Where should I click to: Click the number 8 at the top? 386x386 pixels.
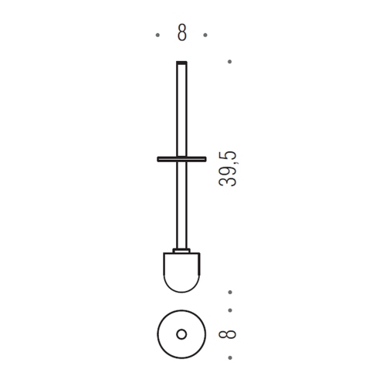[x=181, y=32]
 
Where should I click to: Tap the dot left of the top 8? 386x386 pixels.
[x=157, y=35]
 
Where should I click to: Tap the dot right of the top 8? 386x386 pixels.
[x=205, y=35]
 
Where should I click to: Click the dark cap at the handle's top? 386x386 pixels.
[x=181, y=62]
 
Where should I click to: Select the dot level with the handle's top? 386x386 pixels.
[x=229, y=62]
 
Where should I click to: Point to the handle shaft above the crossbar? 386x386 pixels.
[x=181, y=110]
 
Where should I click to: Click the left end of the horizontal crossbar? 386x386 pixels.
[x=157, y=159]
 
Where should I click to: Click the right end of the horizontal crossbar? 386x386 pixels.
[x=206, y=159]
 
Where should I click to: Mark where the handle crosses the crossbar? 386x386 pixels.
[x=181, y=159]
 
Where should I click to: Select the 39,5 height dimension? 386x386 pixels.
[x=228, y=169]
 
